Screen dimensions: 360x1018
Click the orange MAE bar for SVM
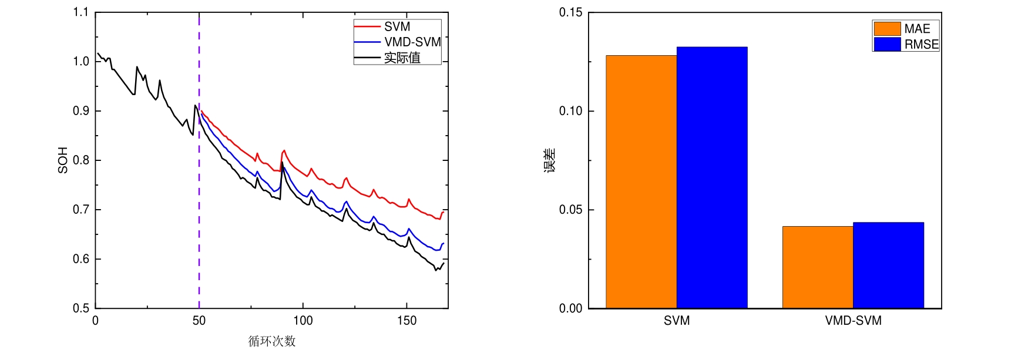641,182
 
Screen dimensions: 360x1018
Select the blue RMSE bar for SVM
712,177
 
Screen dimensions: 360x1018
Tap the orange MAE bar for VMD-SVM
818,267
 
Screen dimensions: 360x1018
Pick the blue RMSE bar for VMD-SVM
888,265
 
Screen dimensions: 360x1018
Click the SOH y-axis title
63,160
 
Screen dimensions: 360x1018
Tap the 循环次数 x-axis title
271,341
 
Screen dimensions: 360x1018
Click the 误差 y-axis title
550,160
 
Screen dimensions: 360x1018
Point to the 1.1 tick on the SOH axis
81,12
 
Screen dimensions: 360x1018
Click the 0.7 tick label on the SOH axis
81,210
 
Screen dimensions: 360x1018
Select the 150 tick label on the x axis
406,321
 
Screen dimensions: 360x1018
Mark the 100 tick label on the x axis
303,321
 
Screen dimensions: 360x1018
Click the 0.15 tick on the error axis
570,12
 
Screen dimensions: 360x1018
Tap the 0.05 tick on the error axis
570,210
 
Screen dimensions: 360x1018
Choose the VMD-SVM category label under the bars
853,321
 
